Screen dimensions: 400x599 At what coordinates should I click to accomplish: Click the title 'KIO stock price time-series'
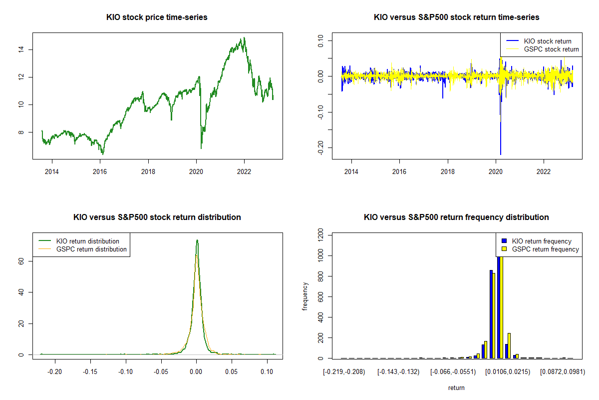coord(157,17)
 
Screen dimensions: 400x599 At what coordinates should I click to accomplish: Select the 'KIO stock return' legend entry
coord(547,41)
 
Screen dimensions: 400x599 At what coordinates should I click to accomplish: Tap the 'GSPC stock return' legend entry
coord(551,49)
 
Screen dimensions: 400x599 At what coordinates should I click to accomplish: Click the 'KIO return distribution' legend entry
coord(88,241)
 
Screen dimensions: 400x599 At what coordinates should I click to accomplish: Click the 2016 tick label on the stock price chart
coord(100,171)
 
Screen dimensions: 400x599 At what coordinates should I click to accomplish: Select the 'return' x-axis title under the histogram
coord(456,387)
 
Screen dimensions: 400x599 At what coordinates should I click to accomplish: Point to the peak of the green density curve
coord(197,240)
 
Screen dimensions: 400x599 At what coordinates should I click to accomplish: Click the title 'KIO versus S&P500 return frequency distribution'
coord(456,217)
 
